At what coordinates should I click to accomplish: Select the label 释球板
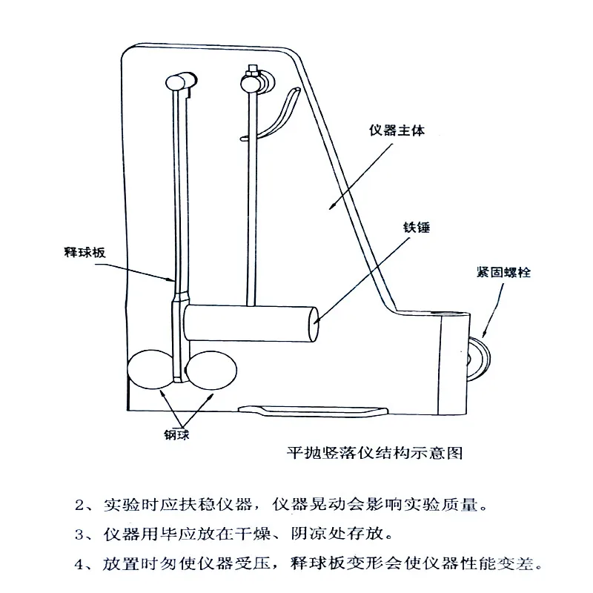[81, 252]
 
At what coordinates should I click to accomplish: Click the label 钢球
[177, 435]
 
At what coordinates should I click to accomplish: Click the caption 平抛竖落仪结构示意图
[374, 451]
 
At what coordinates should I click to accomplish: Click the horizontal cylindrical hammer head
[252, 323]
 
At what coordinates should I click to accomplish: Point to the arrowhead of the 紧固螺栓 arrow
[484, 334]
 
